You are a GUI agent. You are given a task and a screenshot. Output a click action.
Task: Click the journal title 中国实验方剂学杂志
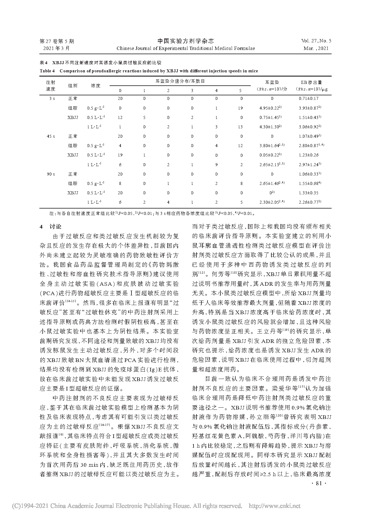click(x=185, y=41)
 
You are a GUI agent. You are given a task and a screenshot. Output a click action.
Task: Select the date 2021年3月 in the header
click(x=56, y=48)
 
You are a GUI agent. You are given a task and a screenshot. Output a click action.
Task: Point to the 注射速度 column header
click(x=51, y=86)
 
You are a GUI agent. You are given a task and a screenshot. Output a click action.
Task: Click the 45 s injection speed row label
click(x=51, y=136)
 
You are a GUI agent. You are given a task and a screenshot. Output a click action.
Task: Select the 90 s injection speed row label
click(x=51, y=174)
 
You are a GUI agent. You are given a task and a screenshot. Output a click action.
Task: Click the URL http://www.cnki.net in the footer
click(x=274, y=506)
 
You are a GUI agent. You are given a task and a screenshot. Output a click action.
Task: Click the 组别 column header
click(x=73, y=86)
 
